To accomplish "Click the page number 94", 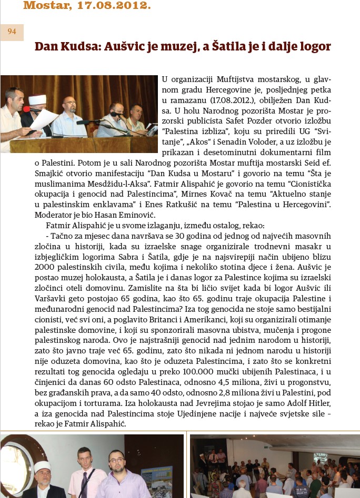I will [x=12, y=32].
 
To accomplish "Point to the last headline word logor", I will [x=315, y=46].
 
